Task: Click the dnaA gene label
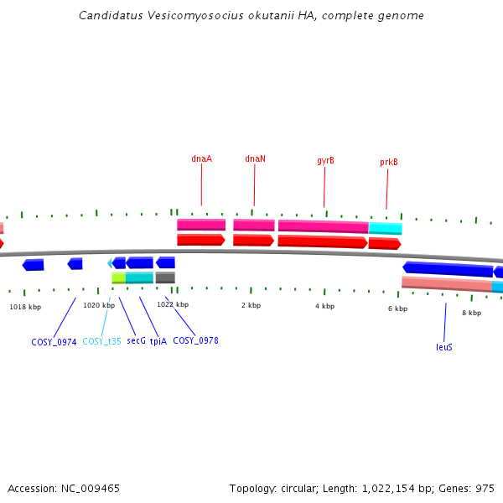(201, 158)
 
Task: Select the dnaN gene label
(255, 158)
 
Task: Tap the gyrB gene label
(325, 161)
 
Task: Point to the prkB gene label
(388, 163)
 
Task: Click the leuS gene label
(444, 347)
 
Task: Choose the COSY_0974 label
(54, 342)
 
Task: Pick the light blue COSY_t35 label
(101, 342)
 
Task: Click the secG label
(136, 342)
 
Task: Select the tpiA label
(158, 342)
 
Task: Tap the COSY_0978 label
(195, 341)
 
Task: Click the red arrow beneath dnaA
(200, 240)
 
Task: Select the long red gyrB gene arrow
(322, 241)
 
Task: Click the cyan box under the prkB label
(385, 228)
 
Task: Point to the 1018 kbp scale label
(25, 307)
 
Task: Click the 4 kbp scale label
(324, 307)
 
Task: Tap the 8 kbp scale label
(471, 314)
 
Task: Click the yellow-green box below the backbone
(118, 277)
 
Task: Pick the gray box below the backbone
(165, 277)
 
